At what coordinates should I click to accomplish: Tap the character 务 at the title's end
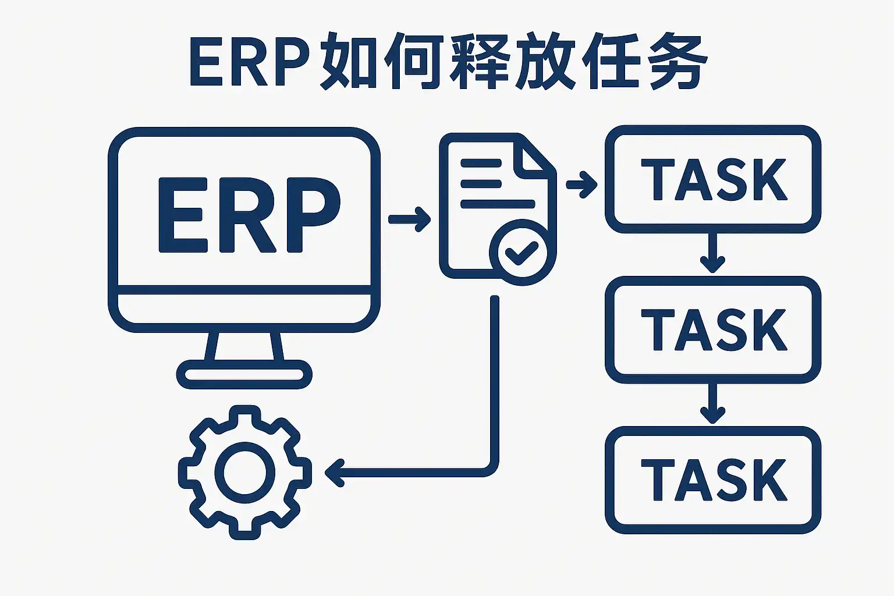click(675, 62)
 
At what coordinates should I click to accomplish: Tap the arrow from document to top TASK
click(581, 185)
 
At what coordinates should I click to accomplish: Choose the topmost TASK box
click(713, 179)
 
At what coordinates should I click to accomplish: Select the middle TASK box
click(713, 329)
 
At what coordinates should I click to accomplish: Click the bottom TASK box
click(713, 480)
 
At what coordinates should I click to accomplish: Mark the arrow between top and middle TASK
click(712, 254)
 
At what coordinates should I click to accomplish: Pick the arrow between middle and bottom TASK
click(712, 404)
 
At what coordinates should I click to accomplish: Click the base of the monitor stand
click(244, 374)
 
